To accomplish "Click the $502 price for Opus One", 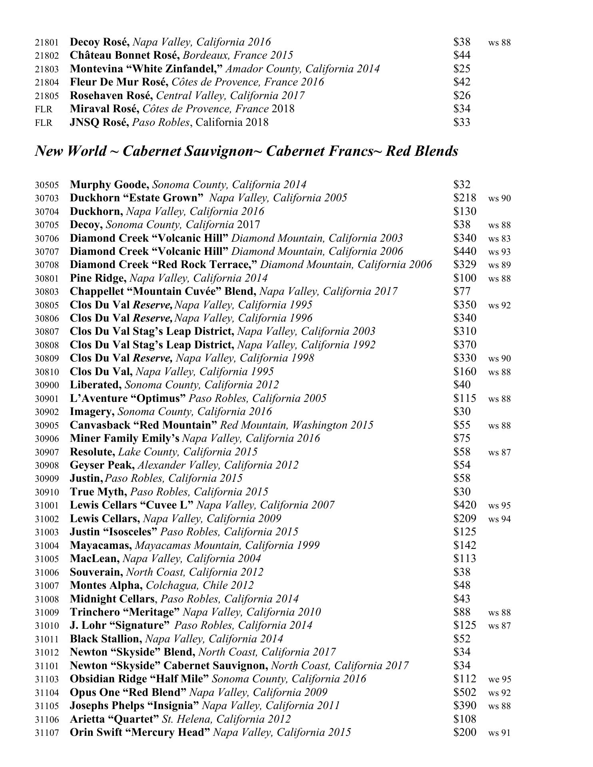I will pyautogui.click(x=464, y=692).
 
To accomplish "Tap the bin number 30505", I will pyautogui.click(x=47, y=185).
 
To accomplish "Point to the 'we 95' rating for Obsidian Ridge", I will pyautogui.click(x=499, y=680).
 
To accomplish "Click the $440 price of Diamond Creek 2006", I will pyautogui.click(x=464, y=251).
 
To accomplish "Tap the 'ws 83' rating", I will pyautogui.click(x=499, y=239).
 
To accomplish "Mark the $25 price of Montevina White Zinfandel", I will pyautogui.click(x=462, y=69).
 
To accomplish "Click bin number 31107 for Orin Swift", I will pyautogui.click(x=47, y=733).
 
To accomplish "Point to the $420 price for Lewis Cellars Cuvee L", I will pyautogui.click(x=464, y=505).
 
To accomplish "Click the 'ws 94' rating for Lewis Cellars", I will pyautogui.click(x=499, y=519).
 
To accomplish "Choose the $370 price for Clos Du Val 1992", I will pyautogui.click(x=464, y=345).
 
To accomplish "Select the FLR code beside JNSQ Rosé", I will pyautogui.click(x=44, y=123).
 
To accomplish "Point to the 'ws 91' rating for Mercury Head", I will pyautogui.click(x=499, y=733).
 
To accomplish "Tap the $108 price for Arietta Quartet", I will pyautogui.click(x=464, y=719).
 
